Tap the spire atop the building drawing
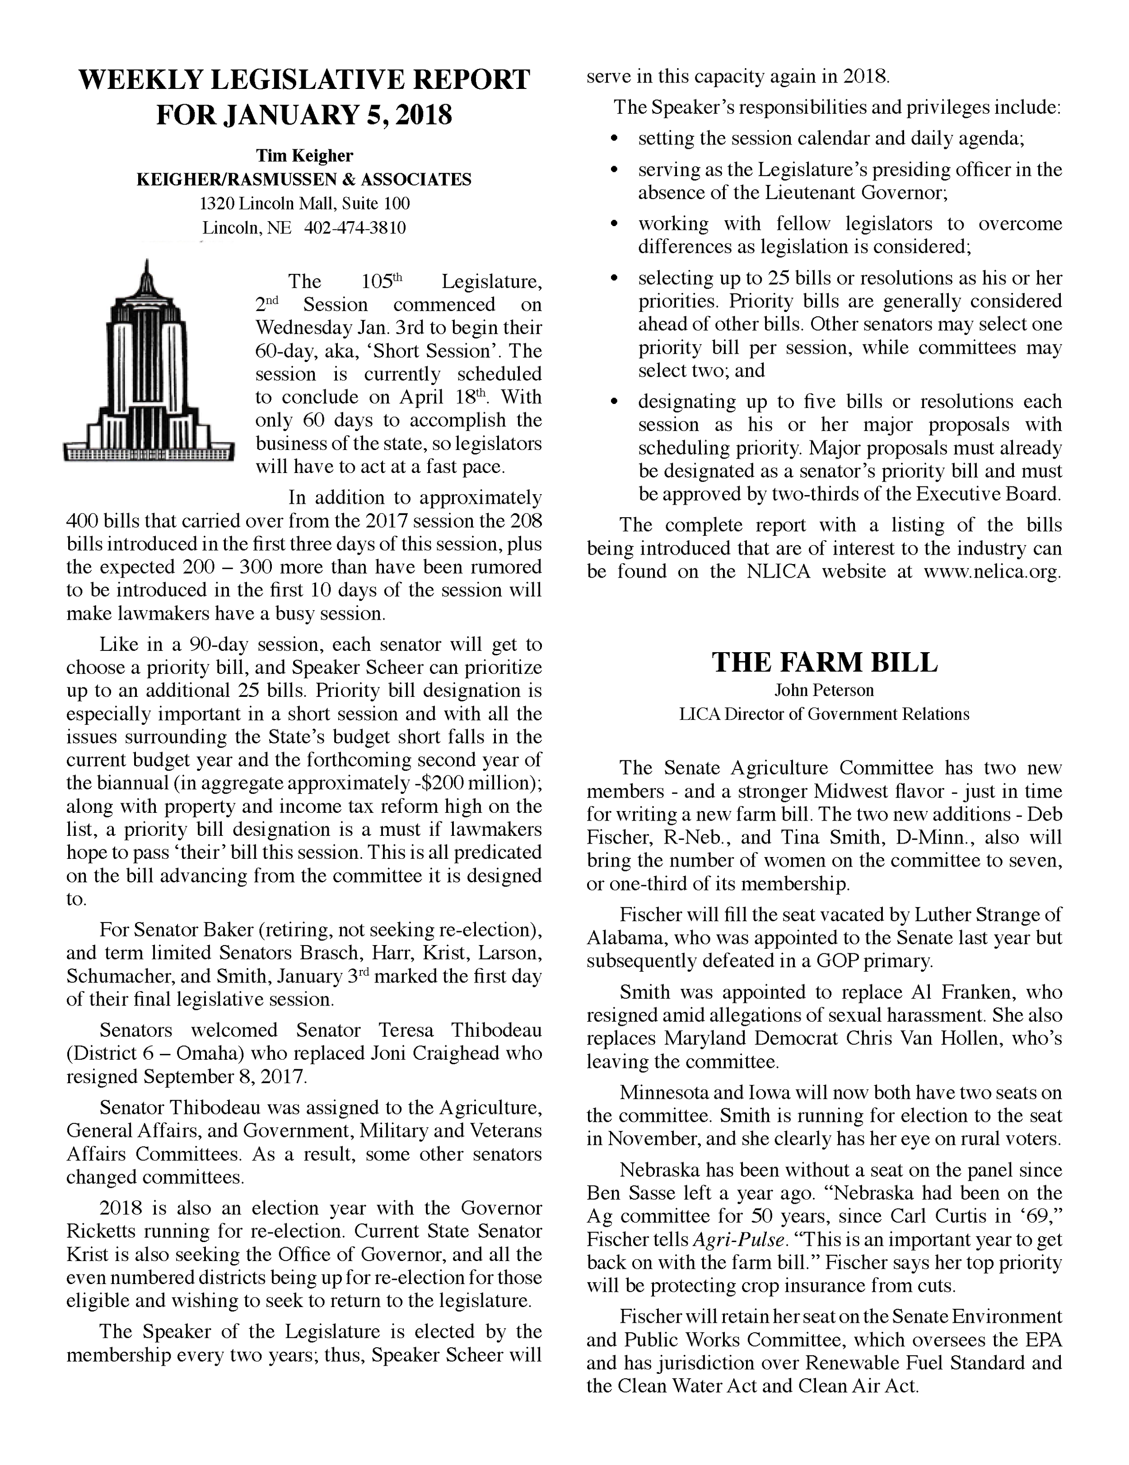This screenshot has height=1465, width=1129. point(146,272)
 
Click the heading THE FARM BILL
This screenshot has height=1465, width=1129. point(824,663)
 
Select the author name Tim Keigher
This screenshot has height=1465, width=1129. point(304,156)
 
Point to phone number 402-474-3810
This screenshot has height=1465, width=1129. point(355,227)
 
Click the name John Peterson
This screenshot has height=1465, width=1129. point(824,690)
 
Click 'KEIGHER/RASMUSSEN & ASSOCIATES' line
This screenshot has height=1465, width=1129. point(304,179)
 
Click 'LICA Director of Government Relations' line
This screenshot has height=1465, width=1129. point(824,714)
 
